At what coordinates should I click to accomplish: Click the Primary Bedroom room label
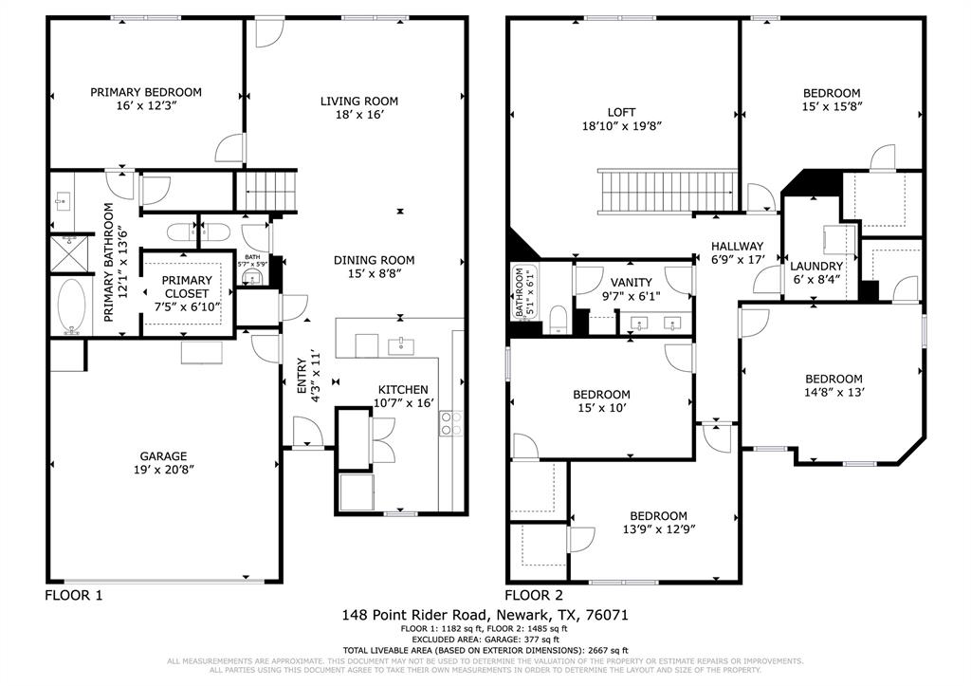tap(146, 92)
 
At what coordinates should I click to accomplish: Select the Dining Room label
tap(374, 260)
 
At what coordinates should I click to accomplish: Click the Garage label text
tap(164, 455)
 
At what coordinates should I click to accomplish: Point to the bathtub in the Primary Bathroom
tap(71, 306)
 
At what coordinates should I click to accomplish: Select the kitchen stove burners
tap(450, 423)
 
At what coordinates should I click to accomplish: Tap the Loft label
tap(622, 111)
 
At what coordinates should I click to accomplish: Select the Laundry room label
tap(816, 267)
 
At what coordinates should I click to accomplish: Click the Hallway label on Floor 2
tap(737, 246)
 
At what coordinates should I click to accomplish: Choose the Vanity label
tap(631, 282)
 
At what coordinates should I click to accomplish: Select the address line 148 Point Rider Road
tap(485, 615)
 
